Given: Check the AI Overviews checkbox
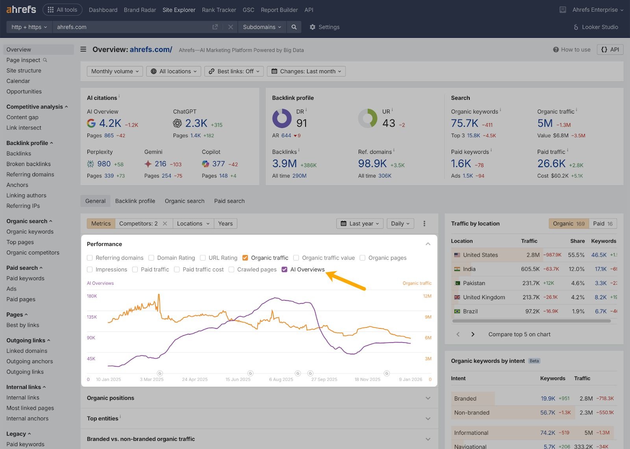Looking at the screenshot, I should (x=285, y=270).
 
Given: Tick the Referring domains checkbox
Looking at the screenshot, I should (x=90, y=258).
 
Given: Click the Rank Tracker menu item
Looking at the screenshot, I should (x=219, y=10).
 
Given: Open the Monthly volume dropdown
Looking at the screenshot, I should (x=115, y=71).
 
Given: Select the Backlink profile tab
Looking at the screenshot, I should (x=135, y=201).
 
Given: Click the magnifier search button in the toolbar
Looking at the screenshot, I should (x=294, y=27).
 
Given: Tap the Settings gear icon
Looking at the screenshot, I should (x=313, y=27).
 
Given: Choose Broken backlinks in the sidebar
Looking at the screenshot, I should (x=28, y=164).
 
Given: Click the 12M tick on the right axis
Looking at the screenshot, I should (x=427, y=296).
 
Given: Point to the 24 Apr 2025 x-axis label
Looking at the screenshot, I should (x=195, y=380).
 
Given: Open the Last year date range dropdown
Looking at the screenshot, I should (x=360, y=224).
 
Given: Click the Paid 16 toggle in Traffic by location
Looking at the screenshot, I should (x=603, y=224).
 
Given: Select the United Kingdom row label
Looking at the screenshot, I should (x=484, y=297).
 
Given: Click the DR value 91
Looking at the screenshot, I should (x=302, y=123).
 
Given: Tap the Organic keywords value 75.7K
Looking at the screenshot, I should (x=465, y=123).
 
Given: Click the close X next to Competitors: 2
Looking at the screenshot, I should (x=165, y=224).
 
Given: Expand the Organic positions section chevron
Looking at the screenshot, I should (x=428, y=398).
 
